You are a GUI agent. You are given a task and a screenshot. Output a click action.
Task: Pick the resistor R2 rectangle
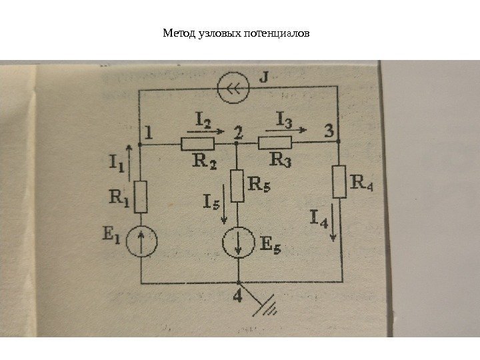tap(197, 142)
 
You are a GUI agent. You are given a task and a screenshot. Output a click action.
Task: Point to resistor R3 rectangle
tap(275, 142)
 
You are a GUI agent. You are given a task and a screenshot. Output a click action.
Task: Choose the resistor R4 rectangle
tap(339, 182)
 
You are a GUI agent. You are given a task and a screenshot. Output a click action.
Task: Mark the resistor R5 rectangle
tap(237, 185)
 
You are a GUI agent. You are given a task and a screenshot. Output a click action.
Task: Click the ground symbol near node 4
tap(268, 307)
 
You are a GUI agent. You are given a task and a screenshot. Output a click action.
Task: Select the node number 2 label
tap(237, 132)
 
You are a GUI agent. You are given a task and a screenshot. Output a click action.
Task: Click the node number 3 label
tap(329, 131)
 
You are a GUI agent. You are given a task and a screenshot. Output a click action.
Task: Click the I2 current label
tap(203, 120)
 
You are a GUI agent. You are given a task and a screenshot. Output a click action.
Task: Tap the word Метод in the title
tap(175, 32)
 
